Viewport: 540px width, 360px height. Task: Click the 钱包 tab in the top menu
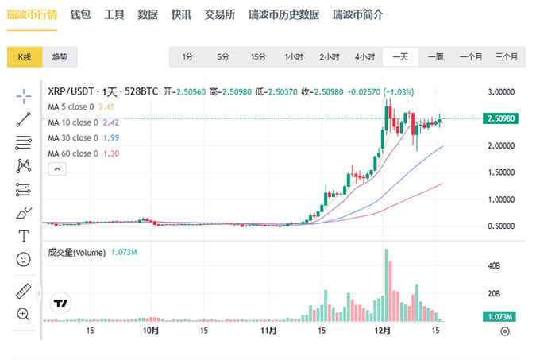pos(80,15)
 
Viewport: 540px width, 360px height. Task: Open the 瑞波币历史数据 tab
pos(283,15)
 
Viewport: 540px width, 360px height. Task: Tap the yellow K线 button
pos(25,57)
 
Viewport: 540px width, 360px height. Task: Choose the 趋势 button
pos(60,57)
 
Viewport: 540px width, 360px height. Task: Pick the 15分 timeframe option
pos(258,57)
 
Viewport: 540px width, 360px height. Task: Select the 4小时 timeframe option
pos(364,57)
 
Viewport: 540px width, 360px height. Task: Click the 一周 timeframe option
pos(435,57)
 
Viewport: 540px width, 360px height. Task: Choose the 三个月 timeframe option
pos(506,57)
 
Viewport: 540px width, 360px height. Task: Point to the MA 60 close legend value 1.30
pos(111,153)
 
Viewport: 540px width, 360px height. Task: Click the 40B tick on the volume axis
pos(493,265)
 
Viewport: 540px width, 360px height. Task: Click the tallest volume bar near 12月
pos(387,286)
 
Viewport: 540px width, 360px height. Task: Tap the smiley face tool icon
pos(23,260)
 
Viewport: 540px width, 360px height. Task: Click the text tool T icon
pos(23,236)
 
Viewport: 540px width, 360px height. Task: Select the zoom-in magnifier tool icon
pos(23,314)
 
